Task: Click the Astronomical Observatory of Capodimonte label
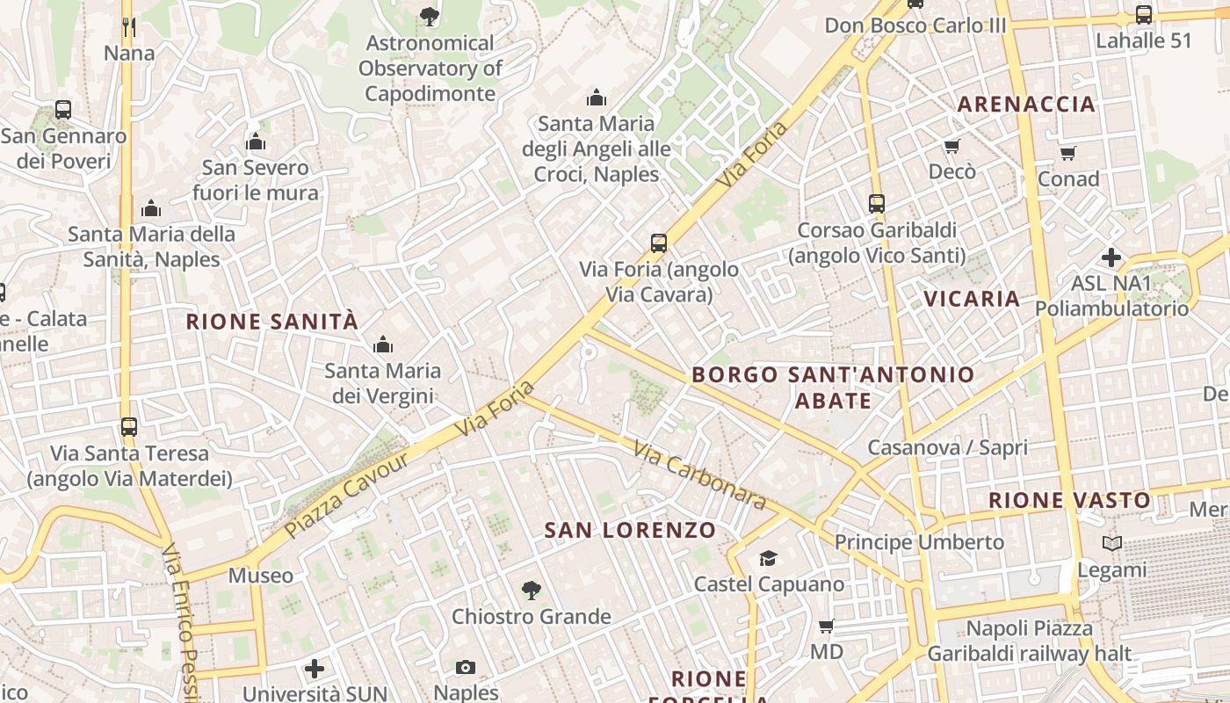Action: [x=430, y=69]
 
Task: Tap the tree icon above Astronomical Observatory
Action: [x=429, y=15]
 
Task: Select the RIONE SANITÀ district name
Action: [x=272, y=322]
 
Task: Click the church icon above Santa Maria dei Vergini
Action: [x=383, y=345]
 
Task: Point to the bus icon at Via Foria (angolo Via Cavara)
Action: [x=659, y=243]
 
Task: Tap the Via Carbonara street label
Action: [x=699, y=475]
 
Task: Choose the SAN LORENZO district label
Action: [x=630, y=531]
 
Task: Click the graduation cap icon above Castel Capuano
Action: [x=769, y=559]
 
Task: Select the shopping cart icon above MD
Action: [x=826, y=627]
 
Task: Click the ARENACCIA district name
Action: [x=1026, y=105]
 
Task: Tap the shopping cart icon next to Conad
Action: [x=1068, y=154]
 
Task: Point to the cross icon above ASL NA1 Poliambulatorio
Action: [x=1111, y=257]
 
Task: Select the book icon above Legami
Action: [x=1112, y=544]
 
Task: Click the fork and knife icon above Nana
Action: [x=129, y=27]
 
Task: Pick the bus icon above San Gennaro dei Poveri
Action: [x=63, y=110]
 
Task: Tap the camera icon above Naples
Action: [x=466, y=668]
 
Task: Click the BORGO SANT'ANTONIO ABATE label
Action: [x=833, y=388]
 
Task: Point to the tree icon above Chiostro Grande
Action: [x=531, y=590]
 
